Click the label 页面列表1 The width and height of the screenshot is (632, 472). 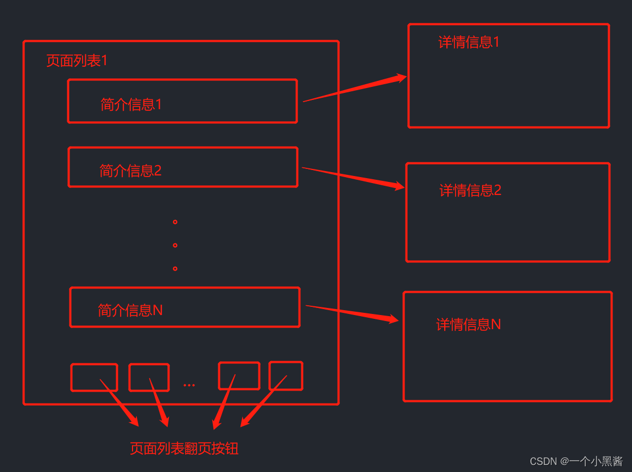[x=77, y=61]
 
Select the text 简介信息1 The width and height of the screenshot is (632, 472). [x=131, y=104]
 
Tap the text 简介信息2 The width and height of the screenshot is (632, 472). [x=130, y=171]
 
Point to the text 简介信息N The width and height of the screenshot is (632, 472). [x=130, y=310]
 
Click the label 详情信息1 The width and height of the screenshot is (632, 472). [x=469, y=42]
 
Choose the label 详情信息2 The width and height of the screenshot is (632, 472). [x=470, y=190]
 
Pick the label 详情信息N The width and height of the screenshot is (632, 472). [x=469, y=325]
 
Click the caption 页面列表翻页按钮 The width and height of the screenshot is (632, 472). [x=184, y=449]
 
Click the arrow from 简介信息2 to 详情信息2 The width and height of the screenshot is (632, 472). [x=353, y=178]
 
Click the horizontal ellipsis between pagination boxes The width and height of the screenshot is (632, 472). [x=189, y=385]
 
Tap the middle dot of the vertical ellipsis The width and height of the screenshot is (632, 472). [x=175, y=246]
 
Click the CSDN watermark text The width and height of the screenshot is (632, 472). [x=576, y=461]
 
